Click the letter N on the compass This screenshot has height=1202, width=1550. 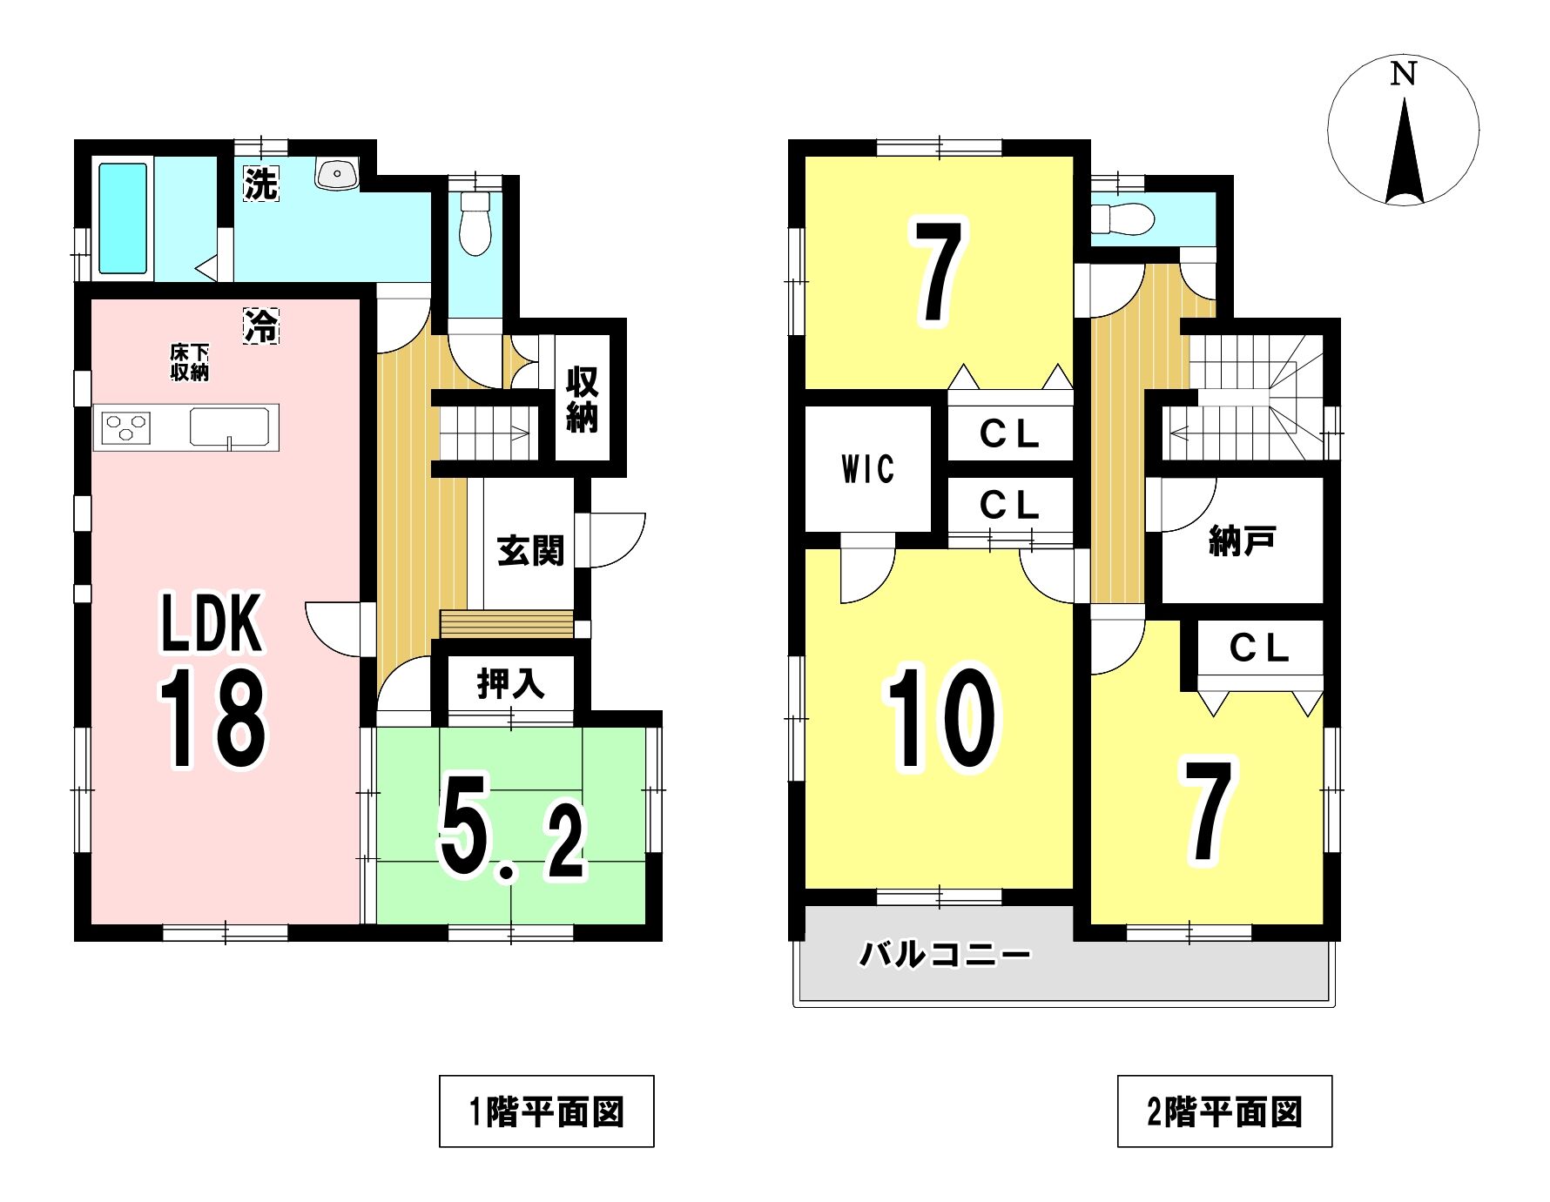pyautogui.click(x=1403, y=74)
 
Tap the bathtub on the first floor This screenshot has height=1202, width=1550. pyautogui.click(x=123, y=218)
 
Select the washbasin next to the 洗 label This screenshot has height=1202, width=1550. pyautogui.click(x=337, y=174)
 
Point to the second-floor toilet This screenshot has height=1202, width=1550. pyautogui.click(x=1122, y=218)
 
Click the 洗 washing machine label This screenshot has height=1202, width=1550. pyautogui.click(x=260, y=183)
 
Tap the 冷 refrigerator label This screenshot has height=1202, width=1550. pyautogui.click(x=260, y=326)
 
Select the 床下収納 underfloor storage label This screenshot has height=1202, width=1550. pyautogui.click(x=190, y=362)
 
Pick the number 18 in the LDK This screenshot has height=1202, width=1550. pyautogui.click(x=213, y=718)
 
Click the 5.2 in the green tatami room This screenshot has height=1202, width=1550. pyautogui.click(x=512, y=838)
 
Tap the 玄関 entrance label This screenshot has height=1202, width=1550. pyautogui.click(x=530, y=550)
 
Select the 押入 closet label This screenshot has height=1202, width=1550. pyautogui.click(x=511, y=684)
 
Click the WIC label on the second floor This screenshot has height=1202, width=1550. pyautogui.click(x=868, y=469)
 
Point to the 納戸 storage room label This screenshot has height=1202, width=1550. pyautogui.click(x=1243, y=541)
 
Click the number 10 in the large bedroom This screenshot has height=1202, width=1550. pyautogui.click(x=942, y=719)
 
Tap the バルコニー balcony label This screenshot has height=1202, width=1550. pyautogui.click(x=946, y=955)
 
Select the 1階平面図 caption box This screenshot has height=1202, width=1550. pyautogui.click(x=547, y=1111)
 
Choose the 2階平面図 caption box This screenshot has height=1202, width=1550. pyautogui.click(x=1225, y=1111)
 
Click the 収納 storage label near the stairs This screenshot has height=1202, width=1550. pyautogui.click(x=582, y=400)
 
